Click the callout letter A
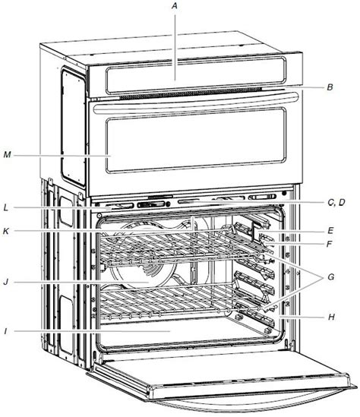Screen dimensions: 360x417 (175, 6)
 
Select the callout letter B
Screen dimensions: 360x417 (330, 87)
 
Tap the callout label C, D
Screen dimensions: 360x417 (336, 202)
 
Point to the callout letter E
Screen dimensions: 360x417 (330, 230)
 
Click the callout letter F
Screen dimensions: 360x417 (330, 244)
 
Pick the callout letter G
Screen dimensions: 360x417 (330, 276)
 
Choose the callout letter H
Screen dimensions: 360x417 (331, 317)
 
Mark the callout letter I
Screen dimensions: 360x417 (5, 331)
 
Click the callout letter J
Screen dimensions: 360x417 (6, 282)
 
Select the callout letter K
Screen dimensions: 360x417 (6, 231)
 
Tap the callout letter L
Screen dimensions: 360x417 (6, 207)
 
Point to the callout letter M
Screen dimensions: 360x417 (7, 154)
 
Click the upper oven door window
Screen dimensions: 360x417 (196, 140)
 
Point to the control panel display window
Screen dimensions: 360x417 (196, 75)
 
